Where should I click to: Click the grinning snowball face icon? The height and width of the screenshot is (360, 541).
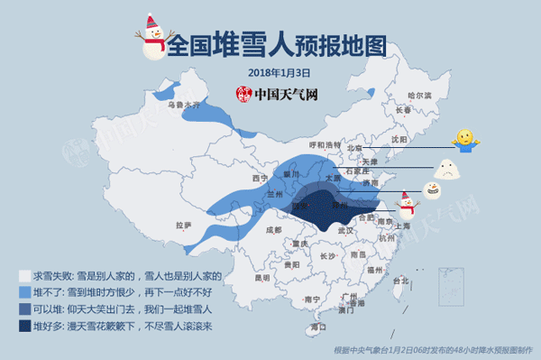(x=431, y=190)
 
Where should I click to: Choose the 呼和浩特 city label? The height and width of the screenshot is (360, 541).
(x=325, y=144)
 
